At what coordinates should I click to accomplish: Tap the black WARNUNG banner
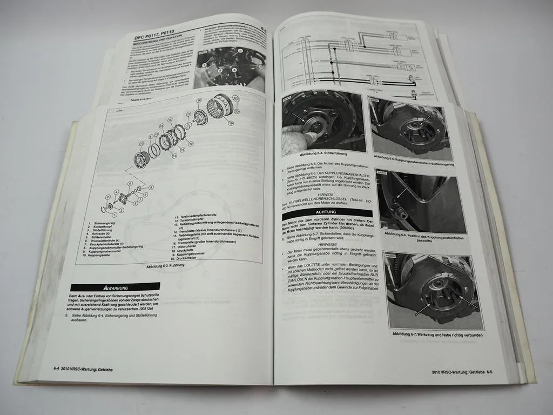[115, 287]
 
